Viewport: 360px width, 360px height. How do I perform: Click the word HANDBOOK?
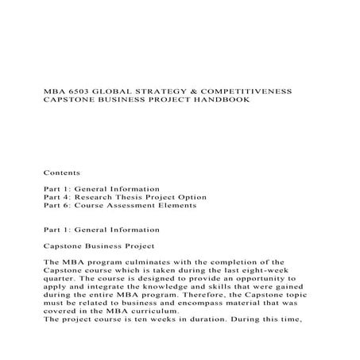tap(226, 101)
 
